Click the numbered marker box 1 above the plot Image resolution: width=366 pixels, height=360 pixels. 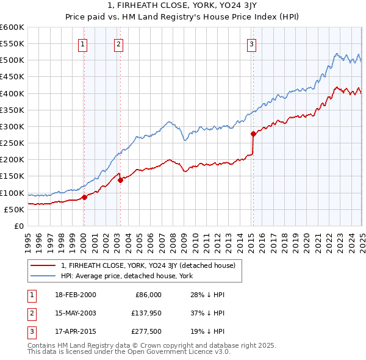point(82,43)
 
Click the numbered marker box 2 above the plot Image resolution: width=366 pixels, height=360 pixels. point(118,43)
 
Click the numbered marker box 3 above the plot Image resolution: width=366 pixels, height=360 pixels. point(251,43)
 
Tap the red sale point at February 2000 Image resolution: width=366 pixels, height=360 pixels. point(84,197)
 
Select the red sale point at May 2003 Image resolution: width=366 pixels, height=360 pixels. point(120,180)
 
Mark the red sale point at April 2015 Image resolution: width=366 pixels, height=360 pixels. point(253,134)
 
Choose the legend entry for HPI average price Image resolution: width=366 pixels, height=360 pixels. point(126,276)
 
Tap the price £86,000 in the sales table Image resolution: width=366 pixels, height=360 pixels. point(148,295)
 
